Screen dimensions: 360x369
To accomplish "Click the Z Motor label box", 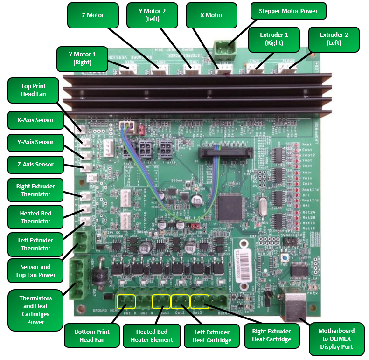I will pos(93,15).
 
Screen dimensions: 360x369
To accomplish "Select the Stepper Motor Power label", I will pos(288,11).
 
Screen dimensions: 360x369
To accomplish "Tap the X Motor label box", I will pos(211,15).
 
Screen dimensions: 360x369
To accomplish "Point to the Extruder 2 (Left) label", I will pos(334,39).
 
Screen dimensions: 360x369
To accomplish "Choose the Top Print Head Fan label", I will pos(34,90).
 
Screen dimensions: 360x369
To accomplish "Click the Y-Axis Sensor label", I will pos(35,142).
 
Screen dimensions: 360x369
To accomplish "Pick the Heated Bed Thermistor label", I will pos(35,217).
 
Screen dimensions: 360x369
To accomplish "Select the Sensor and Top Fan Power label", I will pos(35,271).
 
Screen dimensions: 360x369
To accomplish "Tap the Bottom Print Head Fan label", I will pos(92,336).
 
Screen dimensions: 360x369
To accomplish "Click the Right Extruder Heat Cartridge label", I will pos(271,335).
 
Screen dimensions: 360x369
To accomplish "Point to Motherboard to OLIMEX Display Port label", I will pos(336,339).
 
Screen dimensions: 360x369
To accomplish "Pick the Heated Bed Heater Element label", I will pos(152,336).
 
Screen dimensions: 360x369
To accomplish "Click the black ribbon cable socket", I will pos(225,153).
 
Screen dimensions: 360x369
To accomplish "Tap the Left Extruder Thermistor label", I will pos(35,244).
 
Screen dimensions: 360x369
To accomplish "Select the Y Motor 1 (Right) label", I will pos(82,58).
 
